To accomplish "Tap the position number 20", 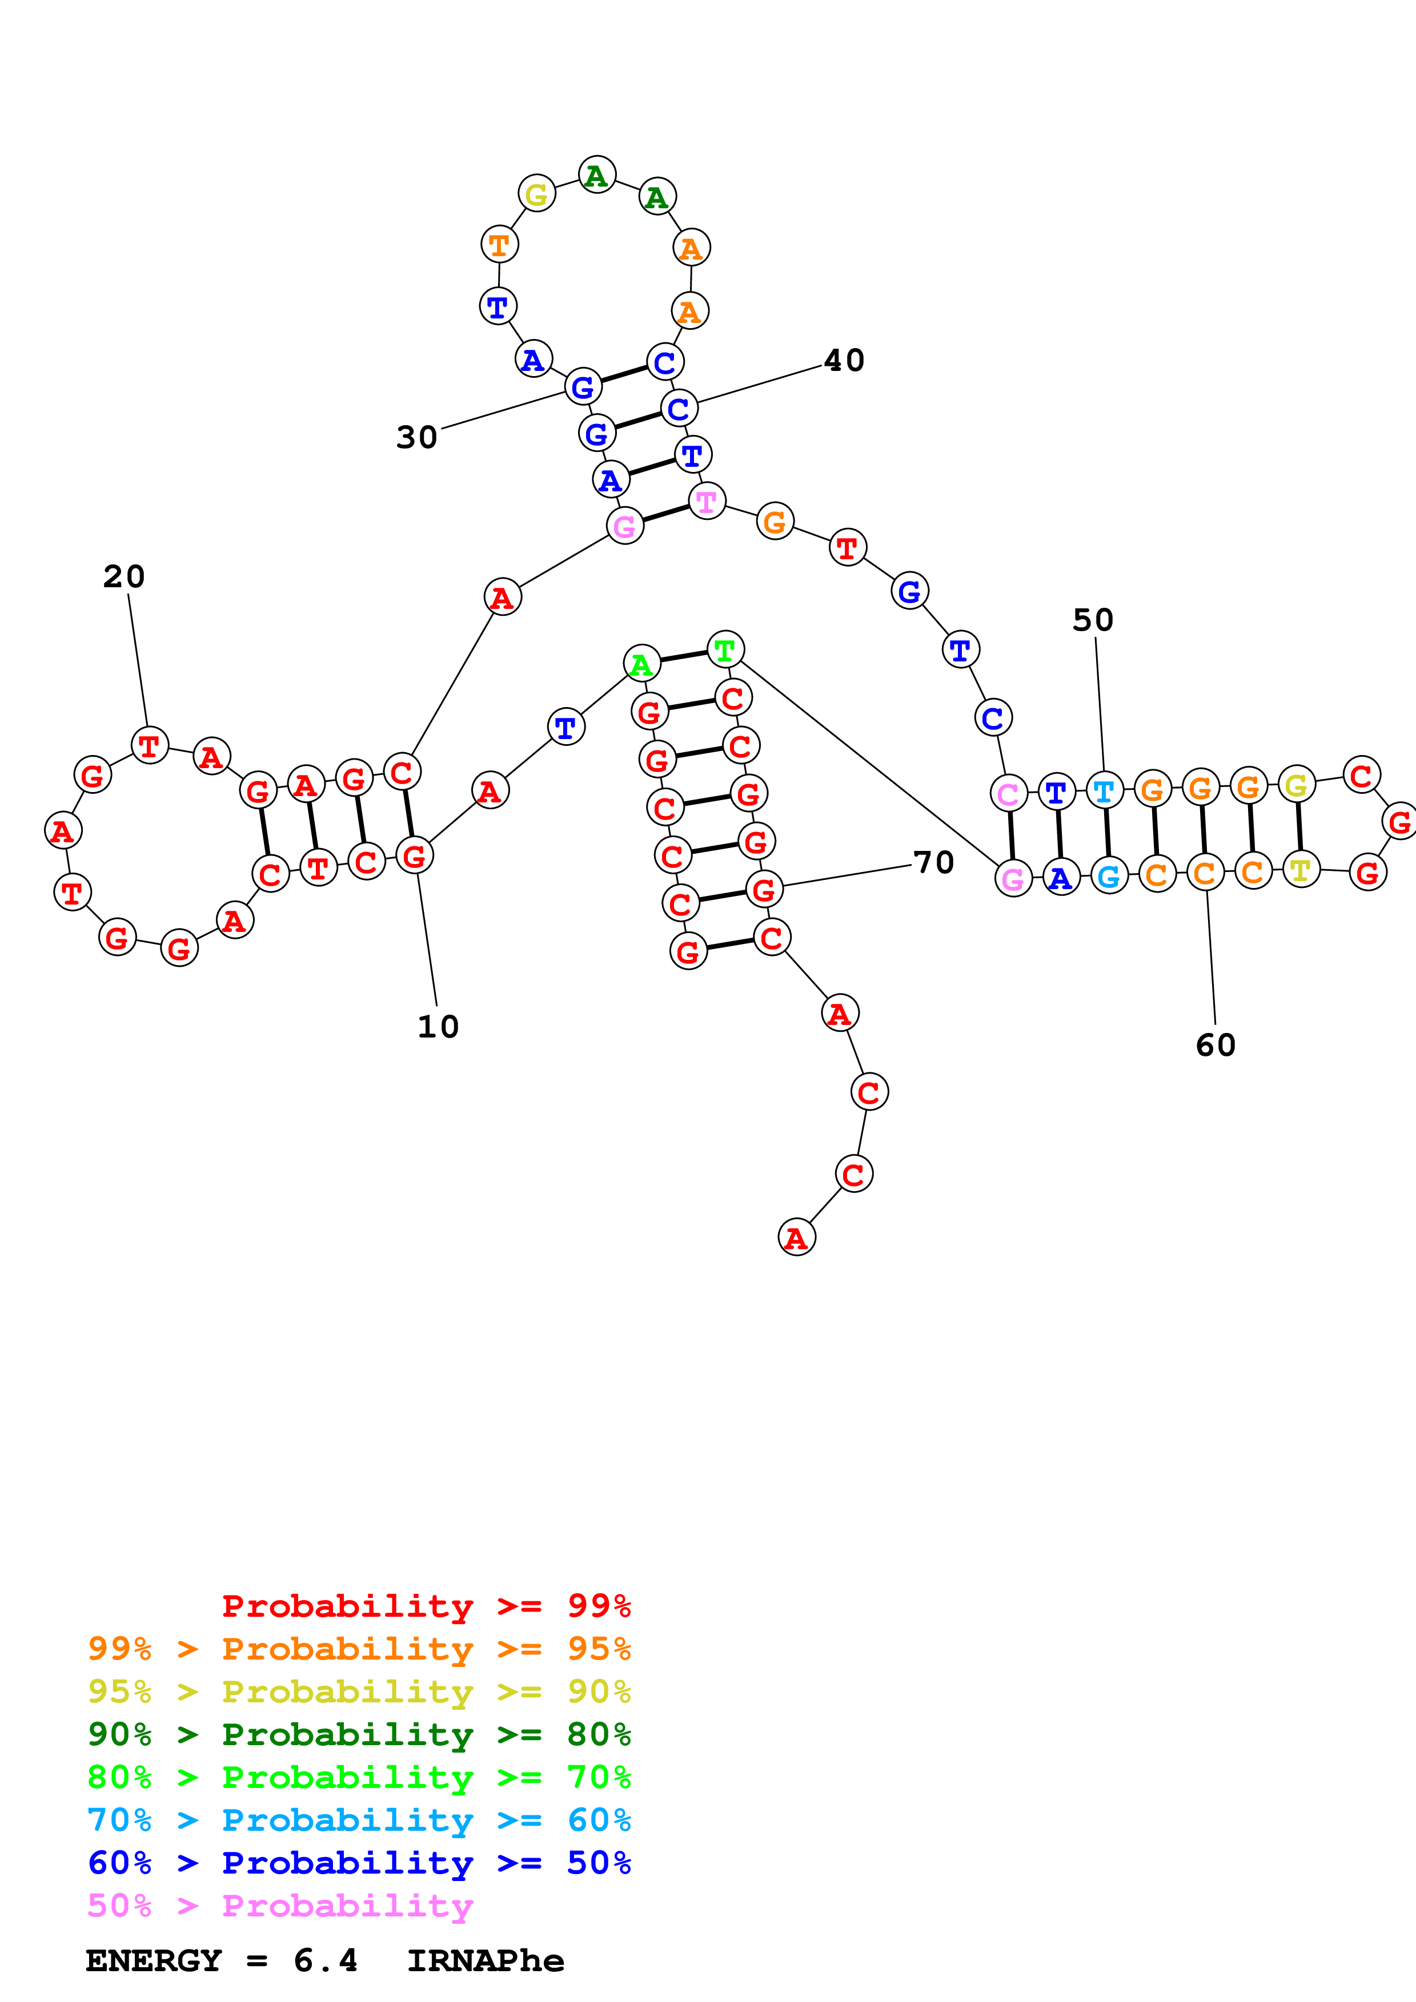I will tap(124, 576).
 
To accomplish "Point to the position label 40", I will tap(844, 360).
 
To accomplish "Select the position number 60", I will tap(1216, 1044).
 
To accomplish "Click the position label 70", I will tap(933, 862).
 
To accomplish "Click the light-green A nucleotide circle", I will tap(641, 664).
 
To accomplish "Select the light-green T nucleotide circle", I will tap(725, 649).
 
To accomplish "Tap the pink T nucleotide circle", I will tap(707, 502).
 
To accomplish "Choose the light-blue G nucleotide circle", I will tap(1109, 877).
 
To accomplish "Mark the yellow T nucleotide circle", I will tap(1300, 869).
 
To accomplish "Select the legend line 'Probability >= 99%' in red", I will tap(426, 1605).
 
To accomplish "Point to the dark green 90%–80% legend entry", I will tap(359, 1734).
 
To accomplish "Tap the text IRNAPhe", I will tap(485, 1961).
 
